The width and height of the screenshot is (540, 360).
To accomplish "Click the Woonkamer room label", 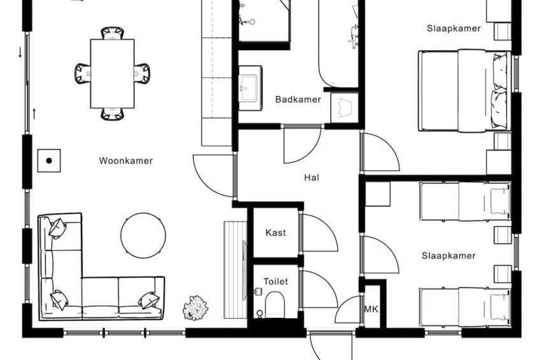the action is (125, 161).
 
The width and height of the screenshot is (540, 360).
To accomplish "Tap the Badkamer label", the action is (298, 99).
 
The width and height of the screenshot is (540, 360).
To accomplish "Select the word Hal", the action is (311, 177).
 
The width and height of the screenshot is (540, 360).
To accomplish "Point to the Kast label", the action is (276, 233).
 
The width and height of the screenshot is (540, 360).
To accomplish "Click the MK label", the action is (371, 310).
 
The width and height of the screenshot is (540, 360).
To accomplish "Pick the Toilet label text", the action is (276, 282).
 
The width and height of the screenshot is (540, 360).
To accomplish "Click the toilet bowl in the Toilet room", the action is (275, 305).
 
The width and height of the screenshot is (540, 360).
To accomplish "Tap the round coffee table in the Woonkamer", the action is (143, 235).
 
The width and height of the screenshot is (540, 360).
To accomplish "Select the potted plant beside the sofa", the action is (195, 308).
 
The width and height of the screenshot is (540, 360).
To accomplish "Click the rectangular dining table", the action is (112, 74).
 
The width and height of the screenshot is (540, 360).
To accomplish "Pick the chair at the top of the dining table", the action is (112, 33).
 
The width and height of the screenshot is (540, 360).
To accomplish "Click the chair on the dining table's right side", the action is (141, 73).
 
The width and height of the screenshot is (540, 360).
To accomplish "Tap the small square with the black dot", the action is (49, 161).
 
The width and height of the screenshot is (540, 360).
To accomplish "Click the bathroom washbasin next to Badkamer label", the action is (250, 88).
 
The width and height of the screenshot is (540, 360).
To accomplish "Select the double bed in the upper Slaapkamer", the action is (464, 90).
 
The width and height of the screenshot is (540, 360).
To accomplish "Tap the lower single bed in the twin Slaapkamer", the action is (465, 306).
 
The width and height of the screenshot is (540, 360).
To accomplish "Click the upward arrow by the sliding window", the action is (34, 113).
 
